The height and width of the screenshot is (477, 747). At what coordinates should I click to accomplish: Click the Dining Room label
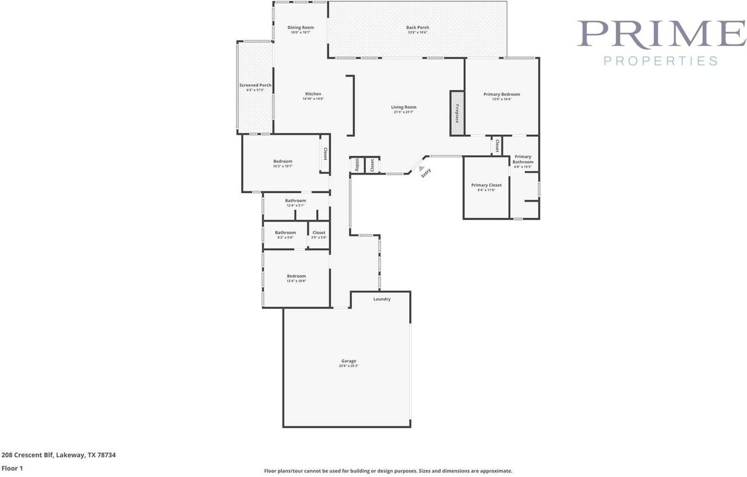pos(301,28)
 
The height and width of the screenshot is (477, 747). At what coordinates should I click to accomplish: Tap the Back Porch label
pos(417,28)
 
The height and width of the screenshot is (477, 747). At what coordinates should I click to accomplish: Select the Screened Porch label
pos(255,86)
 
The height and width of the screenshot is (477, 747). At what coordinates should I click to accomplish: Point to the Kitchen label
pos(313,95)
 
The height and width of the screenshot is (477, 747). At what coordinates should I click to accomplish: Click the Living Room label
pos(403,107)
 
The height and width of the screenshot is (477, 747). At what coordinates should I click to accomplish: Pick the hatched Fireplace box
pos(457,113)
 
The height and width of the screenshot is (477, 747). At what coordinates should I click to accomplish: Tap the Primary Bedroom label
pos(501,95)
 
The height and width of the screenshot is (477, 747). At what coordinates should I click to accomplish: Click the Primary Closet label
pos(486,186)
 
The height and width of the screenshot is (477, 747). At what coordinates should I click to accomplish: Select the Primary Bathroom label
pos(523,159)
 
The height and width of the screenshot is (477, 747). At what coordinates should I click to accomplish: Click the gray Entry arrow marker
pos(421,168)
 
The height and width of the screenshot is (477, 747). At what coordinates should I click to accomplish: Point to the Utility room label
pos(357,165)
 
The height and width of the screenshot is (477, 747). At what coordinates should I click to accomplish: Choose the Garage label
pos(348,361)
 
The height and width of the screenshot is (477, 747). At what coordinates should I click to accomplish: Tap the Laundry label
pos(382,300)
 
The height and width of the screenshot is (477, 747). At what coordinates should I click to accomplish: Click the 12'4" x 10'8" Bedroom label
pos(296,277)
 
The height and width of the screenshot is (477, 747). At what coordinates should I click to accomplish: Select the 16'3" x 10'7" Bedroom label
pos(282,162)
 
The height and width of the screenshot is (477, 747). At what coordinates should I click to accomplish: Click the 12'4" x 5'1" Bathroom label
pos(295,201)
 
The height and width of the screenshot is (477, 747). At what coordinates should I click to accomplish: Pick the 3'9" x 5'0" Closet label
pos(319,233)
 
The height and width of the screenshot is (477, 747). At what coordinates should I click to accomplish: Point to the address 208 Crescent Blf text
pos(58,455)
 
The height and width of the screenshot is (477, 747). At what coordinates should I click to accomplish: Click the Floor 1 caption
pos(12,468)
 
